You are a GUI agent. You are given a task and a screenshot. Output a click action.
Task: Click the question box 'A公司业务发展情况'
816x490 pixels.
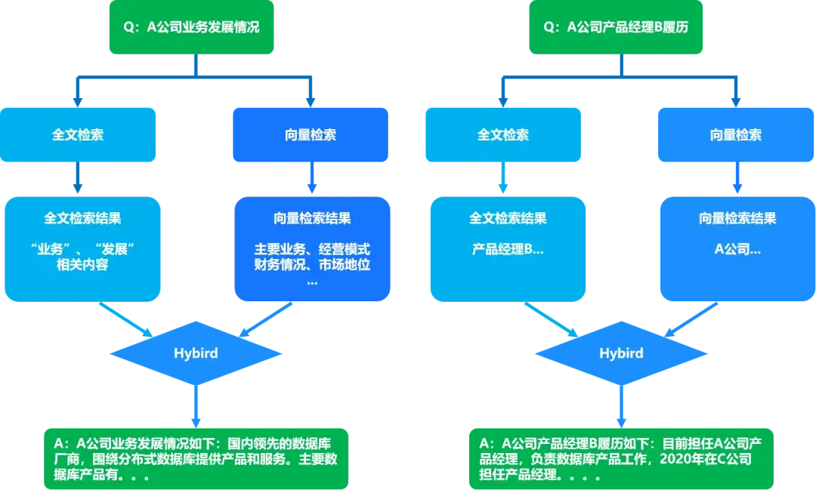point(195,27)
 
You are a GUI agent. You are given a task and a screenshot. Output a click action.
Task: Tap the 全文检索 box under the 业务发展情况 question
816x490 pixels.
point(79,135)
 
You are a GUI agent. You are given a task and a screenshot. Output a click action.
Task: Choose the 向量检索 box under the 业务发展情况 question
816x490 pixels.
point(311,135)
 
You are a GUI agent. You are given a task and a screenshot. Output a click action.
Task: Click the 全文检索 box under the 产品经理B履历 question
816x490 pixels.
point(503,135)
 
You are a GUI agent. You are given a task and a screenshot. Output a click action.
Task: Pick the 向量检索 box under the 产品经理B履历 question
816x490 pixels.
point(736,135)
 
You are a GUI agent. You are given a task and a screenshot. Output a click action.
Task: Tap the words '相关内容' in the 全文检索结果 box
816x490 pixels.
point(82,265)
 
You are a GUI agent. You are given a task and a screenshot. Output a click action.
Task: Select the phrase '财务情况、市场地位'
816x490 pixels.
point(312,265)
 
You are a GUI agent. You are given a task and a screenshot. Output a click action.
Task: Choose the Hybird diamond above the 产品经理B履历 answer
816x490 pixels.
point(621,353)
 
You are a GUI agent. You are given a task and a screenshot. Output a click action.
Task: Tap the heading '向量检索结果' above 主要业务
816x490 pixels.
point(312,218)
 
